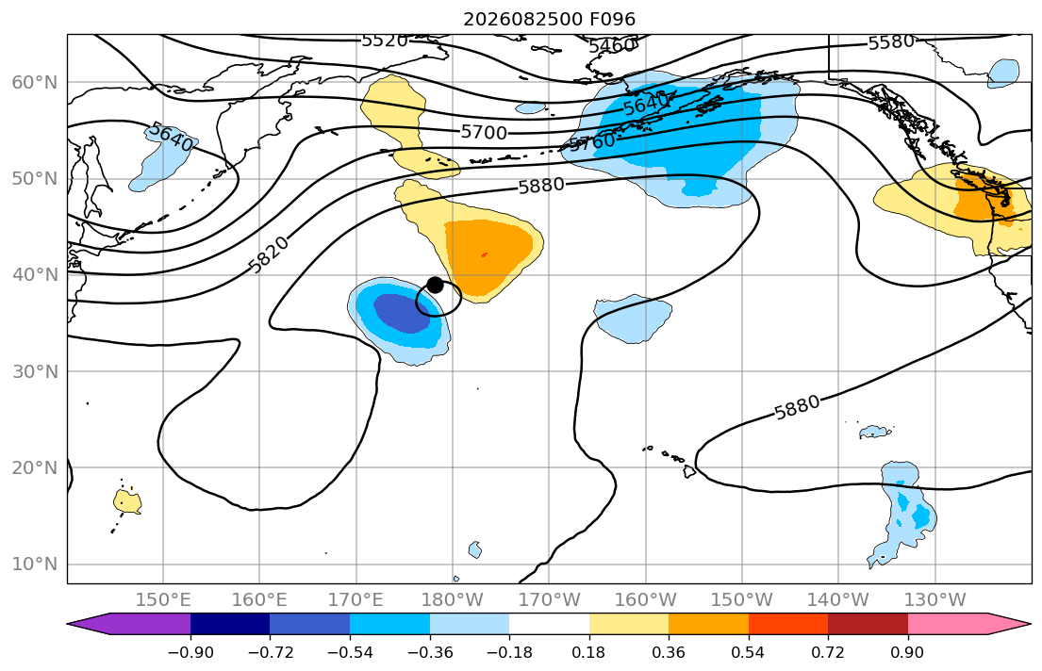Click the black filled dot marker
436,285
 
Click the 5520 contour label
385,41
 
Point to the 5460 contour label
612,45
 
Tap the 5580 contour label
892,42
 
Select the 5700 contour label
485,133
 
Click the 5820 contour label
269,255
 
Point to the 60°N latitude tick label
35,82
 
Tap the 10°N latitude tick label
35,565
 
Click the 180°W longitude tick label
453,600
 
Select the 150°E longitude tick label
163,600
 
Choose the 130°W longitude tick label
935,600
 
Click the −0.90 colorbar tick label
190,652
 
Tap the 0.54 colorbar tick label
749,652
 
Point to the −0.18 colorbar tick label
510,652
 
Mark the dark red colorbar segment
868,624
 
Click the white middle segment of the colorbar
550,624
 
